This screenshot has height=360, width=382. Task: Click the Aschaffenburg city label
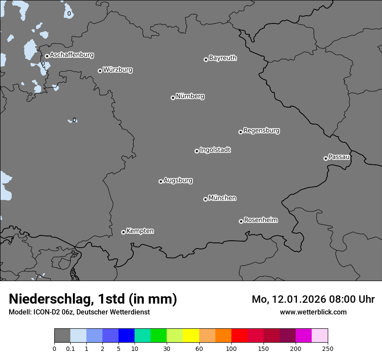(72, 55)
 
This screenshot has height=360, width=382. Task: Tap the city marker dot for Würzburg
(100, 71)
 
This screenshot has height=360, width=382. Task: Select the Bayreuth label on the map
(223, 58)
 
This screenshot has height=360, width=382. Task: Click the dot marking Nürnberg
(173, 98)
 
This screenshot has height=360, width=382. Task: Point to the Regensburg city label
(261, 131)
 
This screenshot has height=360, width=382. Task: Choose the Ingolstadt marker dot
(197, 151)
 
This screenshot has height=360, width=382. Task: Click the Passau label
(339, 157)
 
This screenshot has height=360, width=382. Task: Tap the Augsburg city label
(178, 180)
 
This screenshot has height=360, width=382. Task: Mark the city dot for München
(205, 199)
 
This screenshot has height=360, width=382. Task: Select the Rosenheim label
(260, 220)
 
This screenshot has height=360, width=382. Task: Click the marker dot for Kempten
(123, 232)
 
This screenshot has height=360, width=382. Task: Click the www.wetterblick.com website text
(313, 312)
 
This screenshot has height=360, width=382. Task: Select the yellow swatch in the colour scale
(191, 336)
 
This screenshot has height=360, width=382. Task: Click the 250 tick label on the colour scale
(328, 348)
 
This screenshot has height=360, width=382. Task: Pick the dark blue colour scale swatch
(126, 336)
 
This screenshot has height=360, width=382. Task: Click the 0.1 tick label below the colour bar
(70, 348)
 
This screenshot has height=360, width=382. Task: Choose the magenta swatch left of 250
(303, 336)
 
